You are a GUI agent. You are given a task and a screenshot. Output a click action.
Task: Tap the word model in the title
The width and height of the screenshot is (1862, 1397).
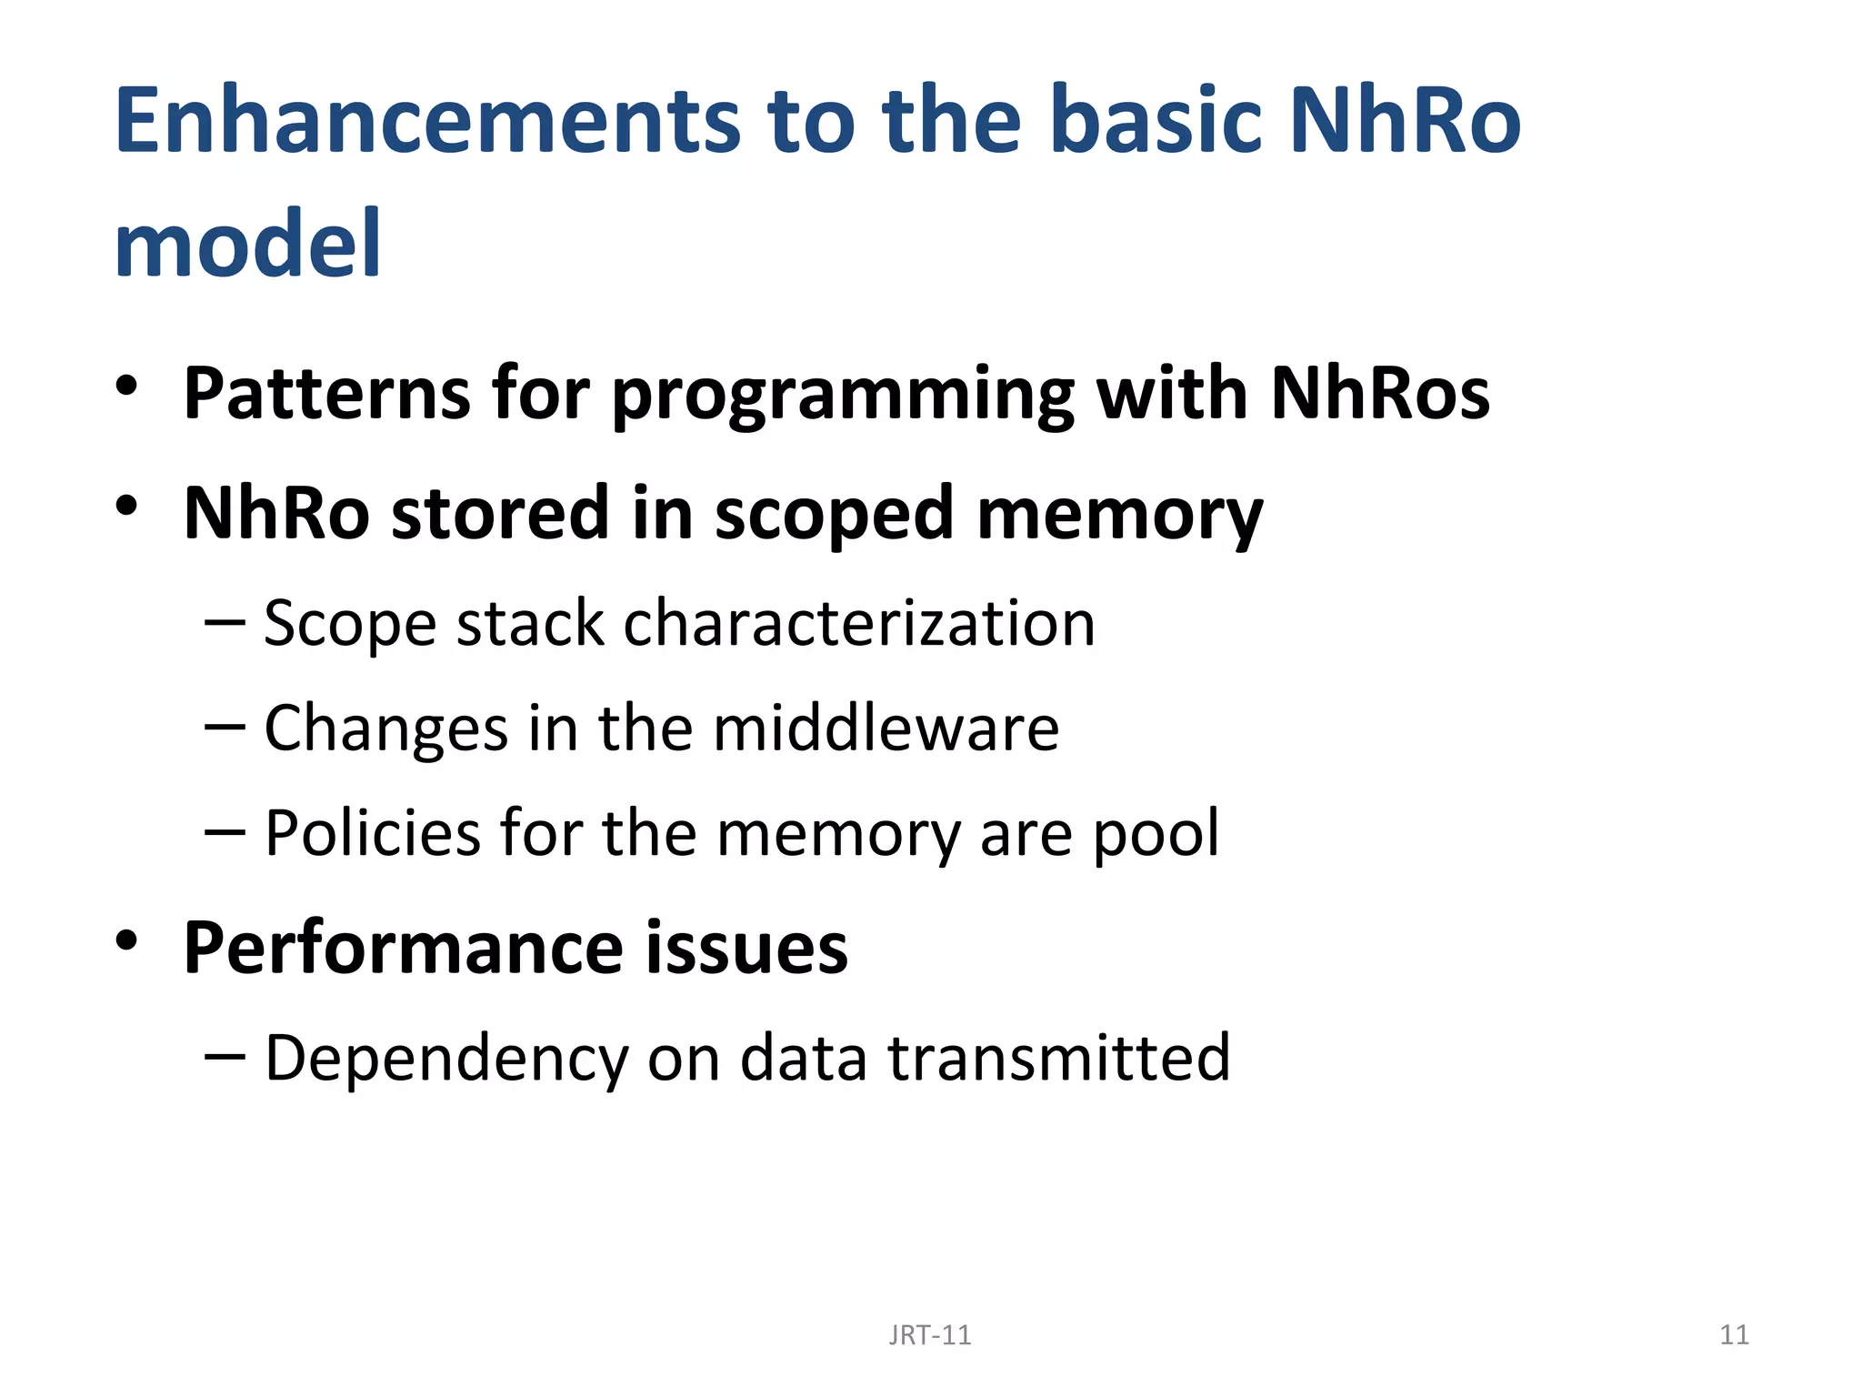click(247, 244)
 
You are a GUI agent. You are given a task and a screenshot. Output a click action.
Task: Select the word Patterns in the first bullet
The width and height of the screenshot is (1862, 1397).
click(327, 393)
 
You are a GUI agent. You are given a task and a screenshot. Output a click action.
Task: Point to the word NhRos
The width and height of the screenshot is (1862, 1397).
click(1379, 393)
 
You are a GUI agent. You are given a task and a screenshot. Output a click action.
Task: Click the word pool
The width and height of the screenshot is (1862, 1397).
click(1156, 835)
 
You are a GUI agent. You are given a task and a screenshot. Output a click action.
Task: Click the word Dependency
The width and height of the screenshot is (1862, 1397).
click(445, 1059)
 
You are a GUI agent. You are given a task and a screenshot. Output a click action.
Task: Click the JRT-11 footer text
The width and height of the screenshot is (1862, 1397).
click(929, 1335)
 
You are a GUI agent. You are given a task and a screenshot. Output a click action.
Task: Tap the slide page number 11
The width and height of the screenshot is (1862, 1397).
click(1734, 1335)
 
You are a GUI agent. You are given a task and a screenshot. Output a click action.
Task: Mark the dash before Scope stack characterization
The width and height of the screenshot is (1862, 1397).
click(225, 622)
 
